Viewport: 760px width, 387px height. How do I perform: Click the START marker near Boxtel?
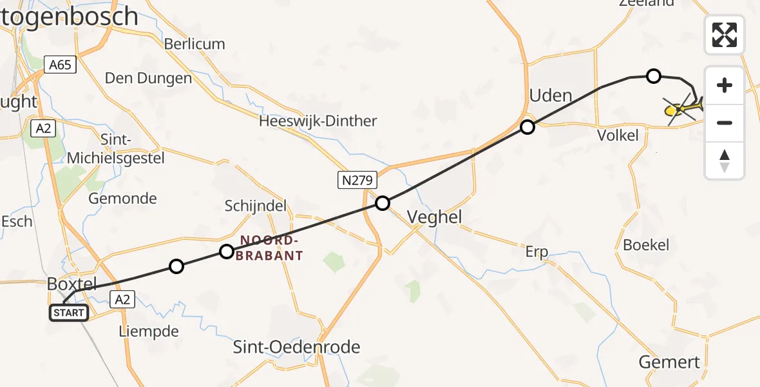68,313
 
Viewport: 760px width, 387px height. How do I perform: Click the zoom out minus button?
725,123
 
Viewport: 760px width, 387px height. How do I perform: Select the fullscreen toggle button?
725,35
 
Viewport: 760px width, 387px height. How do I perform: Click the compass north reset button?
725,161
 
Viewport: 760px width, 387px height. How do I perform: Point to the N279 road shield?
357,180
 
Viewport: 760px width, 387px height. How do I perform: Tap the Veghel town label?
435,217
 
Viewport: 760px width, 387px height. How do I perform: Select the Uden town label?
550,96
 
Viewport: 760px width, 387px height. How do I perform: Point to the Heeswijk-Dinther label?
318,121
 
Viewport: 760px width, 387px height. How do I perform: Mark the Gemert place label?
670,362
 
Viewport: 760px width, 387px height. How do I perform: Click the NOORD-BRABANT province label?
271,248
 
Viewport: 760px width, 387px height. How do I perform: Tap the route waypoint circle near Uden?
527,127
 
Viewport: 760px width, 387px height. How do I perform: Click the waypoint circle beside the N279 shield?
383,204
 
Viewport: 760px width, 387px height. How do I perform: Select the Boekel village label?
646,245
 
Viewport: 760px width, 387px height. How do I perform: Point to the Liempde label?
149,332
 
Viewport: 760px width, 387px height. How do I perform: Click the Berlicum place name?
195,44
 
